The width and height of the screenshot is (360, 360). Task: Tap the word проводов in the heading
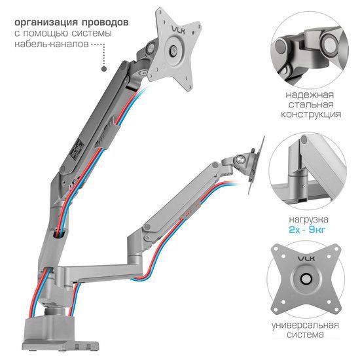coord(105,23)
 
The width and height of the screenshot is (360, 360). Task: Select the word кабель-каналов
coord(52,44)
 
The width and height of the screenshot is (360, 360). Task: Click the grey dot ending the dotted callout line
coord(104,69)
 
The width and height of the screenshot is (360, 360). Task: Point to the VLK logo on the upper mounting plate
coord(179,29)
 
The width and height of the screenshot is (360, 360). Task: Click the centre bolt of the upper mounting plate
coord(173,50)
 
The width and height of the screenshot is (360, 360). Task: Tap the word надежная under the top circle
coord(310,95)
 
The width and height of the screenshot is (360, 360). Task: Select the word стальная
coord(311,105)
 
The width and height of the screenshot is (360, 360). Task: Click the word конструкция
coord(311,115)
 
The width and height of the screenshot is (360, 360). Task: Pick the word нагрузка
coord(308,220)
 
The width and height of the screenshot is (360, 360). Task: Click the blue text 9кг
coord(317,230)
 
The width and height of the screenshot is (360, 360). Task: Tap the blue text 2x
coord(294,230)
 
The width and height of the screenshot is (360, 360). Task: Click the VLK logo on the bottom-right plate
coord(306,259)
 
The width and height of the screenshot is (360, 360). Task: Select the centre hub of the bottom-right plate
coord(306,279)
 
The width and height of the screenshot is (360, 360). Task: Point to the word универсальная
coord(305,325)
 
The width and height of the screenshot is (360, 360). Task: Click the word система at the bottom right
coord(305,335)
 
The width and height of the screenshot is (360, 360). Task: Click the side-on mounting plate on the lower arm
coord(256,165)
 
